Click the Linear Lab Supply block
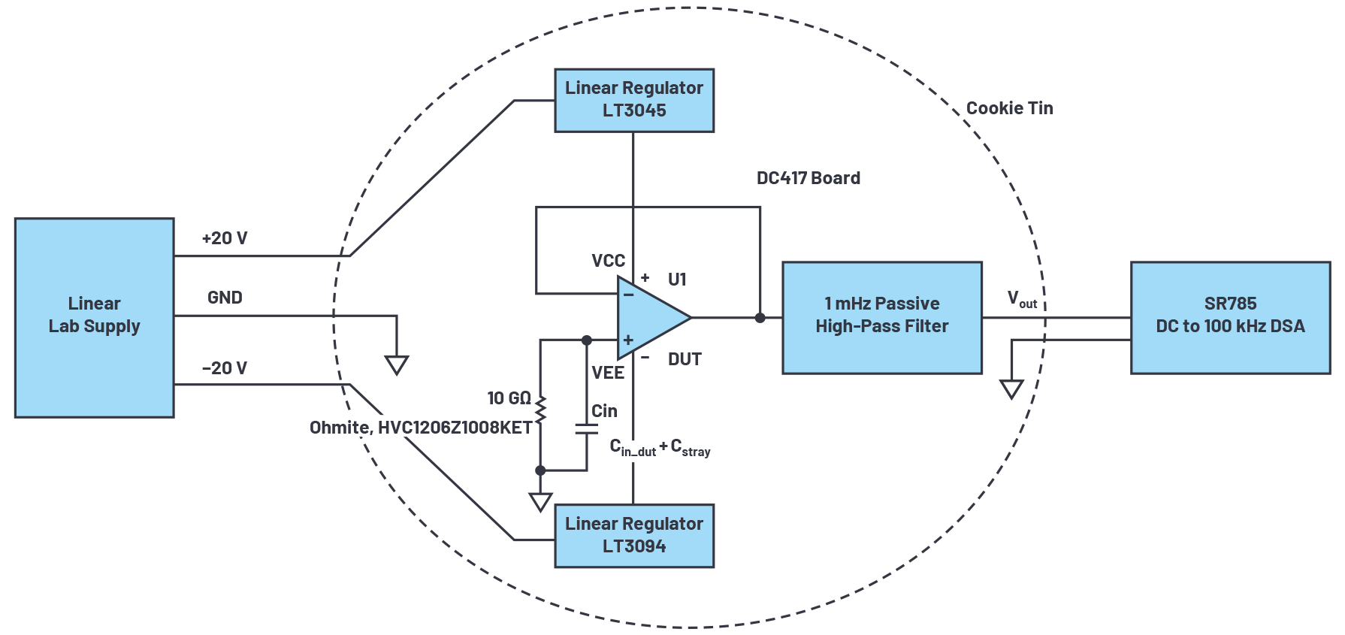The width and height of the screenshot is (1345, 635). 94,317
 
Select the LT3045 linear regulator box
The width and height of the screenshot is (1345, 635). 633,100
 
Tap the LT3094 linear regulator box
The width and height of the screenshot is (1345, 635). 633,535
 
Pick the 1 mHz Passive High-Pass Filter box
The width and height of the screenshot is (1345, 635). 881,317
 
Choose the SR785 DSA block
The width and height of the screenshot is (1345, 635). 1230,317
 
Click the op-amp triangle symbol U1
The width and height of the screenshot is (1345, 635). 648,318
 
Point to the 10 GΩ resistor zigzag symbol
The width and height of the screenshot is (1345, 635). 540,409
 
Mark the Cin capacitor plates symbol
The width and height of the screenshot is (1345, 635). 586,429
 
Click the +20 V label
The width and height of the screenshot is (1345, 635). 225,238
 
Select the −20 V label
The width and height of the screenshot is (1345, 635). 225,368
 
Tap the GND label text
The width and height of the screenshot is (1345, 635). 225,298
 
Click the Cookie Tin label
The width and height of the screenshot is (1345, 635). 1009,108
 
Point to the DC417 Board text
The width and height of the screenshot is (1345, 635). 808,178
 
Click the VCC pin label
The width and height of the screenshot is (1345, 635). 608,261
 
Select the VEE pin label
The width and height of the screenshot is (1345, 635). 607,373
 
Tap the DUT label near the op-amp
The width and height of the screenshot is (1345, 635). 685,359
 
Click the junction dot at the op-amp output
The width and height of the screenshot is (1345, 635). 760,318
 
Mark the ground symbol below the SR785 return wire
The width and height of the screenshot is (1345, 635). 1011,389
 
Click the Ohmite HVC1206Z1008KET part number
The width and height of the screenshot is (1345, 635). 421,428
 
